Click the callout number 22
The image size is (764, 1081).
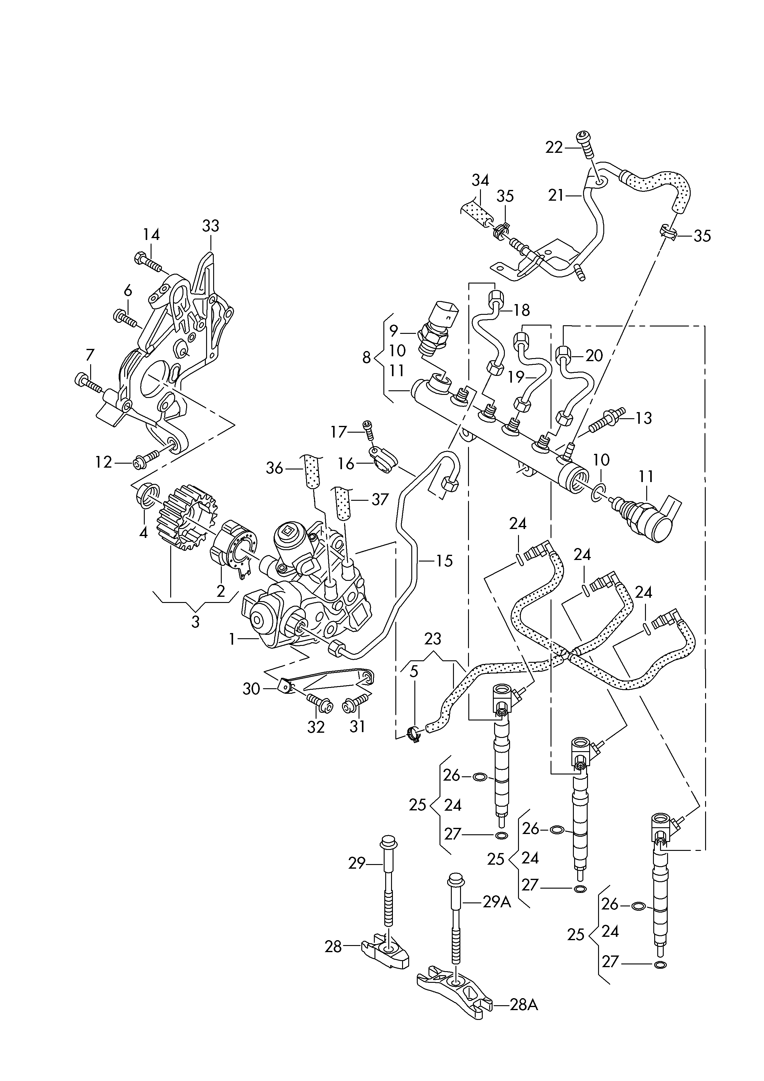point(554,148)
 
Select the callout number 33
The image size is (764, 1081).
point(210,226)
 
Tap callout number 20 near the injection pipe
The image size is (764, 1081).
point(594,355)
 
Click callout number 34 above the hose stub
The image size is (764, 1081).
point(480,181)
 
